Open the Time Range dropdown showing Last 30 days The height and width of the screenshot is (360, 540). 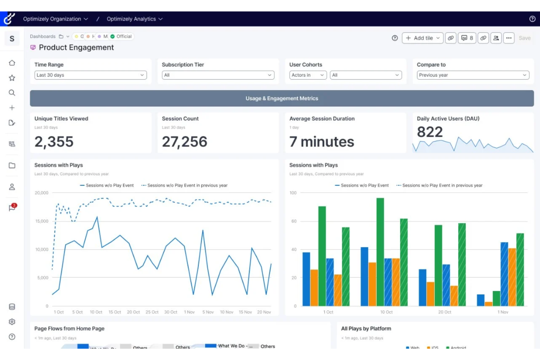[x=90, y=75]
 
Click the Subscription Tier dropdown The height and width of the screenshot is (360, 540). [x=218, y=75]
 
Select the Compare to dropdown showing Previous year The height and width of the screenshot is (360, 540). [x=473, y=75]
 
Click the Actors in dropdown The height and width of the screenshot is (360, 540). [x=308, y=75]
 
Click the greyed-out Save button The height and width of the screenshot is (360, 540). [x=524, y=38]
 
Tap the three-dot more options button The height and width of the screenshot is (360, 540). [x=509, y=38]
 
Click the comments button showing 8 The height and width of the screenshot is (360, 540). [x=467, y=38]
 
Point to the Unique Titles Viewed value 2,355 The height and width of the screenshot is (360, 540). [x=54, y=142]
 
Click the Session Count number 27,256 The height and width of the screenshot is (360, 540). [x=184, y=142]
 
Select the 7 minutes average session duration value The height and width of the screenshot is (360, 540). [x=321, y=142]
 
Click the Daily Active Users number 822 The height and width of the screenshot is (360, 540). [x=430, y=132]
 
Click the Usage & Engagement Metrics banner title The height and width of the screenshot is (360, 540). [x=282, y=98]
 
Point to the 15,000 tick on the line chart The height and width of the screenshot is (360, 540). [x=42, y=221]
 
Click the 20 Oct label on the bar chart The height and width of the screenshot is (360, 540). [x=444, y=312]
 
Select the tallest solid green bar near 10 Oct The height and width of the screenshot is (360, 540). [x=380, y=252]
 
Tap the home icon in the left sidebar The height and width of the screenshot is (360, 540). [x=12, y=63]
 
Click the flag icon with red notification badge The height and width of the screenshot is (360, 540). [x=12, y=208]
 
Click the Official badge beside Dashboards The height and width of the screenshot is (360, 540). [x=121, y=36]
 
